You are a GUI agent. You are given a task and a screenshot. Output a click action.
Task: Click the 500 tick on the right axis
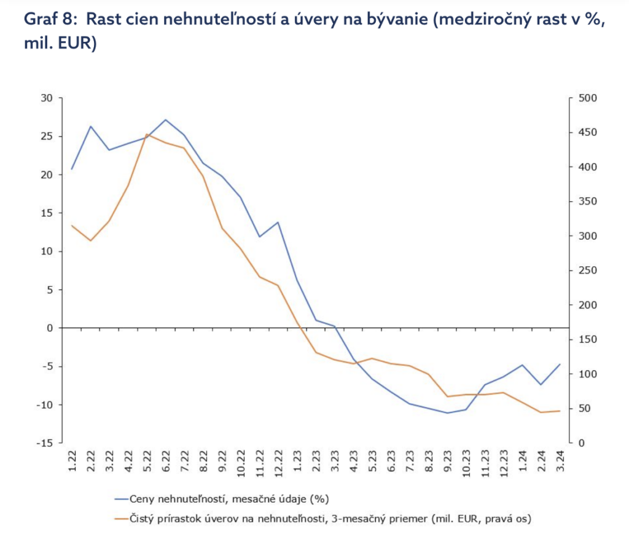(x=588, y=98)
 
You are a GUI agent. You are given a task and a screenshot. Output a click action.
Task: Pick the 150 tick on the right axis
(x=588, y=340)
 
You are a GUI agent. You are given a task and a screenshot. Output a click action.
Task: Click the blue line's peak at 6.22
(x=165, y=120)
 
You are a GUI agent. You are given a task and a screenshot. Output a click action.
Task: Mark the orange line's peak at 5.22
(x=147, y=134)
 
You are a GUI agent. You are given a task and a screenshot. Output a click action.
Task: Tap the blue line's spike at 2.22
(x=91, y=127)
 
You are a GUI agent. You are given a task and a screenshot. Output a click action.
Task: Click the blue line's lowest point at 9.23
(x=447, y=413)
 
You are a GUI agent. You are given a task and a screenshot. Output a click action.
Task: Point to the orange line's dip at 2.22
(x=91, y=240)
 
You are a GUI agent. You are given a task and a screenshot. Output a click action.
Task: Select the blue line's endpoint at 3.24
(x=559, y=364)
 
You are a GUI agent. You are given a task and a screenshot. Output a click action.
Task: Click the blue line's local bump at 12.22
(x=278, y=222)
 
